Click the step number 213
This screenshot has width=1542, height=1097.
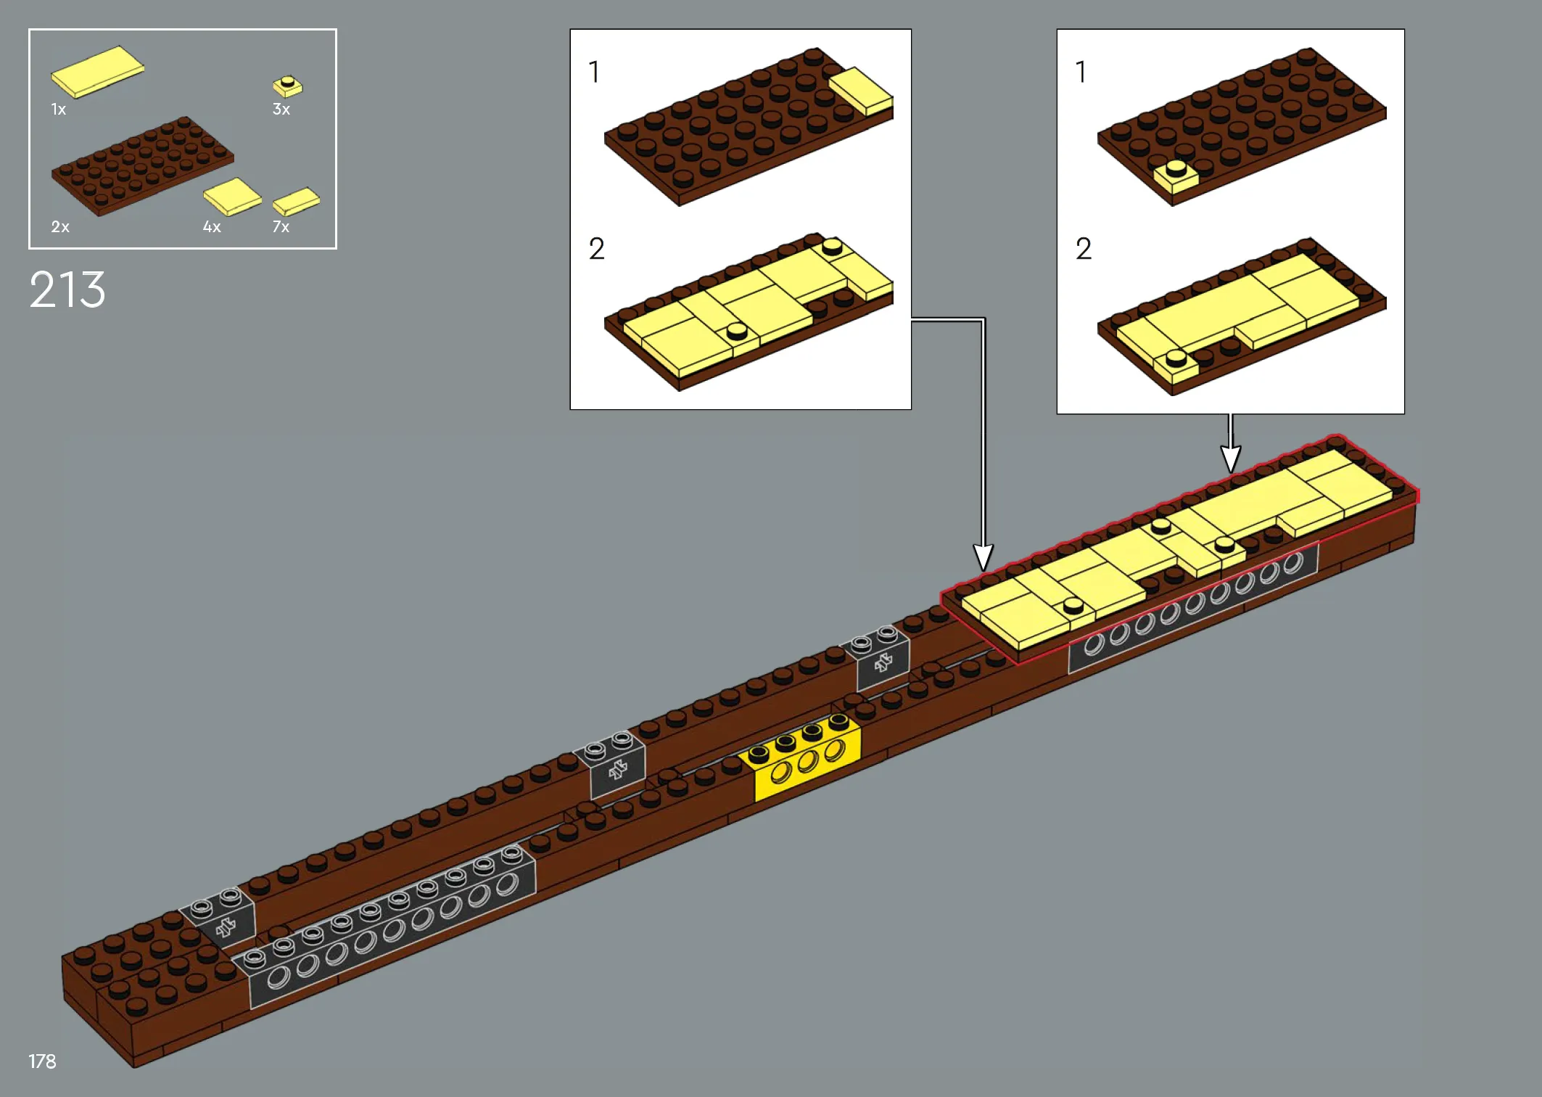pyautogui.click(x=67, y=289)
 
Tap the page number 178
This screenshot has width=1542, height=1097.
pyautogui.click(x=42, y=1061)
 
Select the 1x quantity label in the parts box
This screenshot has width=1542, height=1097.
pyautogui.click(x=58, y=110)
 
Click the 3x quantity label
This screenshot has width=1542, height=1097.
pyautogui.click(x=281, y=110)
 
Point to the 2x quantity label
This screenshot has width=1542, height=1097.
pyautogui.click(x=60, y=227)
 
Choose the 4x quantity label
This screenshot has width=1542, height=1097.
pyautogui.click(x=212, y=227)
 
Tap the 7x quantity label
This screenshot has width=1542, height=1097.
pyautogui.click(x=281, y=227)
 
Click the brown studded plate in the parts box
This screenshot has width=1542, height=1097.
pyautogui.click(x=142, y=166)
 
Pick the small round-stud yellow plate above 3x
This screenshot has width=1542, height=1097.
pyautogui.click(x=288, y=86)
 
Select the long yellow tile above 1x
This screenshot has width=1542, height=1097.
pyautogui.click(x=97, y=72)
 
